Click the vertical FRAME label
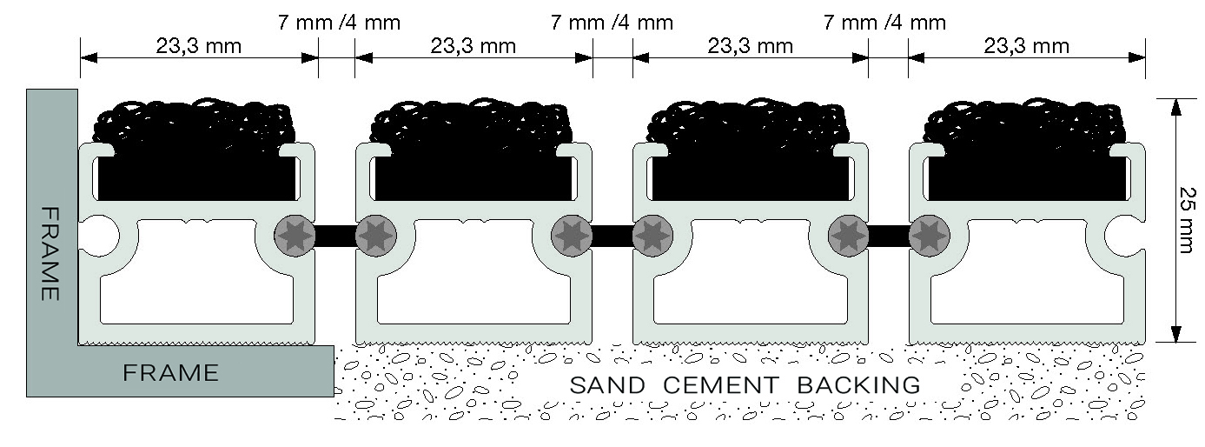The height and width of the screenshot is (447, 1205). tap(50, 253)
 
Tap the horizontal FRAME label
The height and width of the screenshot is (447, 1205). tap(170, 373)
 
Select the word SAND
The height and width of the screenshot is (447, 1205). tap(607, 384)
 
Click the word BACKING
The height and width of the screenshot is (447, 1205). tap(847, 384)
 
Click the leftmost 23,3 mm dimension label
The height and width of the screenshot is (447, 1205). tap(198, 46)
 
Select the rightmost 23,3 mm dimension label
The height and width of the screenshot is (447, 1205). tap(1026, 46)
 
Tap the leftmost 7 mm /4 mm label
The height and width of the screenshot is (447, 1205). tap(339, 23)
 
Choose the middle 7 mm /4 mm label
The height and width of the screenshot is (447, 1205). tap(612, 23)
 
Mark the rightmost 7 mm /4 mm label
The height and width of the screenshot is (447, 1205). tap(884, 23)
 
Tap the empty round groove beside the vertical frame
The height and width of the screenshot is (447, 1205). tap(102, 236)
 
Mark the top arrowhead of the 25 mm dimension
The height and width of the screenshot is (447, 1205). tap(1175, 106)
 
